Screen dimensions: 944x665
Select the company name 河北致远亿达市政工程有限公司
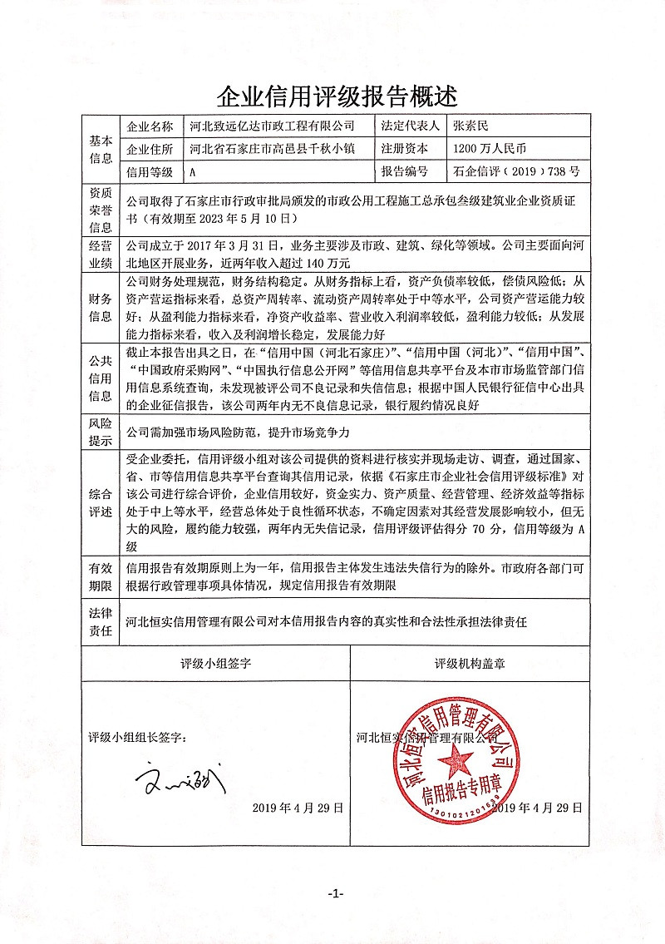[272, 126]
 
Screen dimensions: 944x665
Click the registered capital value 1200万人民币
[490, 149]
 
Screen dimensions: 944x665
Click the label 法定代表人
[410, 126]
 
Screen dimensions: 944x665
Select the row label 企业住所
[150, 149]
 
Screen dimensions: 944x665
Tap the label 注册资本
[404, 149]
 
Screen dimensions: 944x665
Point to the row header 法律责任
[101, 620]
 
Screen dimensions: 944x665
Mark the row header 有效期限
[101, 576]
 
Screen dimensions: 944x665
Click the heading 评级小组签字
[216, 665]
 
